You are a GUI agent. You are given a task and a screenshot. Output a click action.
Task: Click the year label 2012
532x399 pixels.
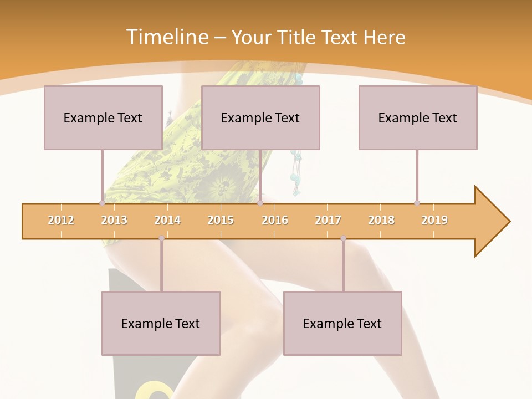(x=61, y=220)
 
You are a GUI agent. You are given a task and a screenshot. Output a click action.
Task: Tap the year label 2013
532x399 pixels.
(x=114, y=220)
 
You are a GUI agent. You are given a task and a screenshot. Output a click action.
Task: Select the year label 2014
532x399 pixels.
(x=167, y=220)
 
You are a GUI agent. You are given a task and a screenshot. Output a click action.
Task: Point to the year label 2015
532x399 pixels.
(x=221, y=220)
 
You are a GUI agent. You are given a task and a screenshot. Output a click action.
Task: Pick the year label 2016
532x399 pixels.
(x=275, y=220)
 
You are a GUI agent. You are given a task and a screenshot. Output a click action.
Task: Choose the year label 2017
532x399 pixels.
(x=328, y=220)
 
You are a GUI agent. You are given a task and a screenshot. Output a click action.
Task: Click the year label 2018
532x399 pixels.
(x=381, y=220)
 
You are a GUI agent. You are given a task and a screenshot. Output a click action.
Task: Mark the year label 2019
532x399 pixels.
(x=434, y=220)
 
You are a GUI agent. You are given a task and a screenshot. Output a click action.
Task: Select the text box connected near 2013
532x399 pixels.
(x=103, y=117)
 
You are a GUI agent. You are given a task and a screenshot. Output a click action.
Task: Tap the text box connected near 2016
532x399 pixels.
(x=260, y=117)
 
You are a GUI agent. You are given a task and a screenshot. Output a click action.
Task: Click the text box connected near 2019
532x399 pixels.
(x=418, y=117)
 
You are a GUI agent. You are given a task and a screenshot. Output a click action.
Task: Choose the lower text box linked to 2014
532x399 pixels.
(x=161, y=323)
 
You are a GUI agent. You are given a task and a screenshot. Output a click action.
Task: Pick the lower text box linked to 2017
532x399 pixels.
(x=342, y=323)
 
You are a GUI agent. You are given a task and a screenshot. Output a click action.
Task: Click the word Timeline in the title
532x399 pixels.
(x=166, y=37)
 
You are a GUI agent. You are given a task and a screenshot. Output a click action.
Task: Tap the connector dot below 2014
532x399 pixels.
(x=161, y=238)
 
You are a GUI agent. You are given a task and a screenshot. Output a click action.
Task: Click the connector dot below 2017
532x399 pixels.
(x=343, y=238)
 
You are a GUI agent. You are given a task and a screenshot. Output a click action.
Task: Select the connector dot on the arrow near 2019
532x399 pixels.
(x=417, y=203)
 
